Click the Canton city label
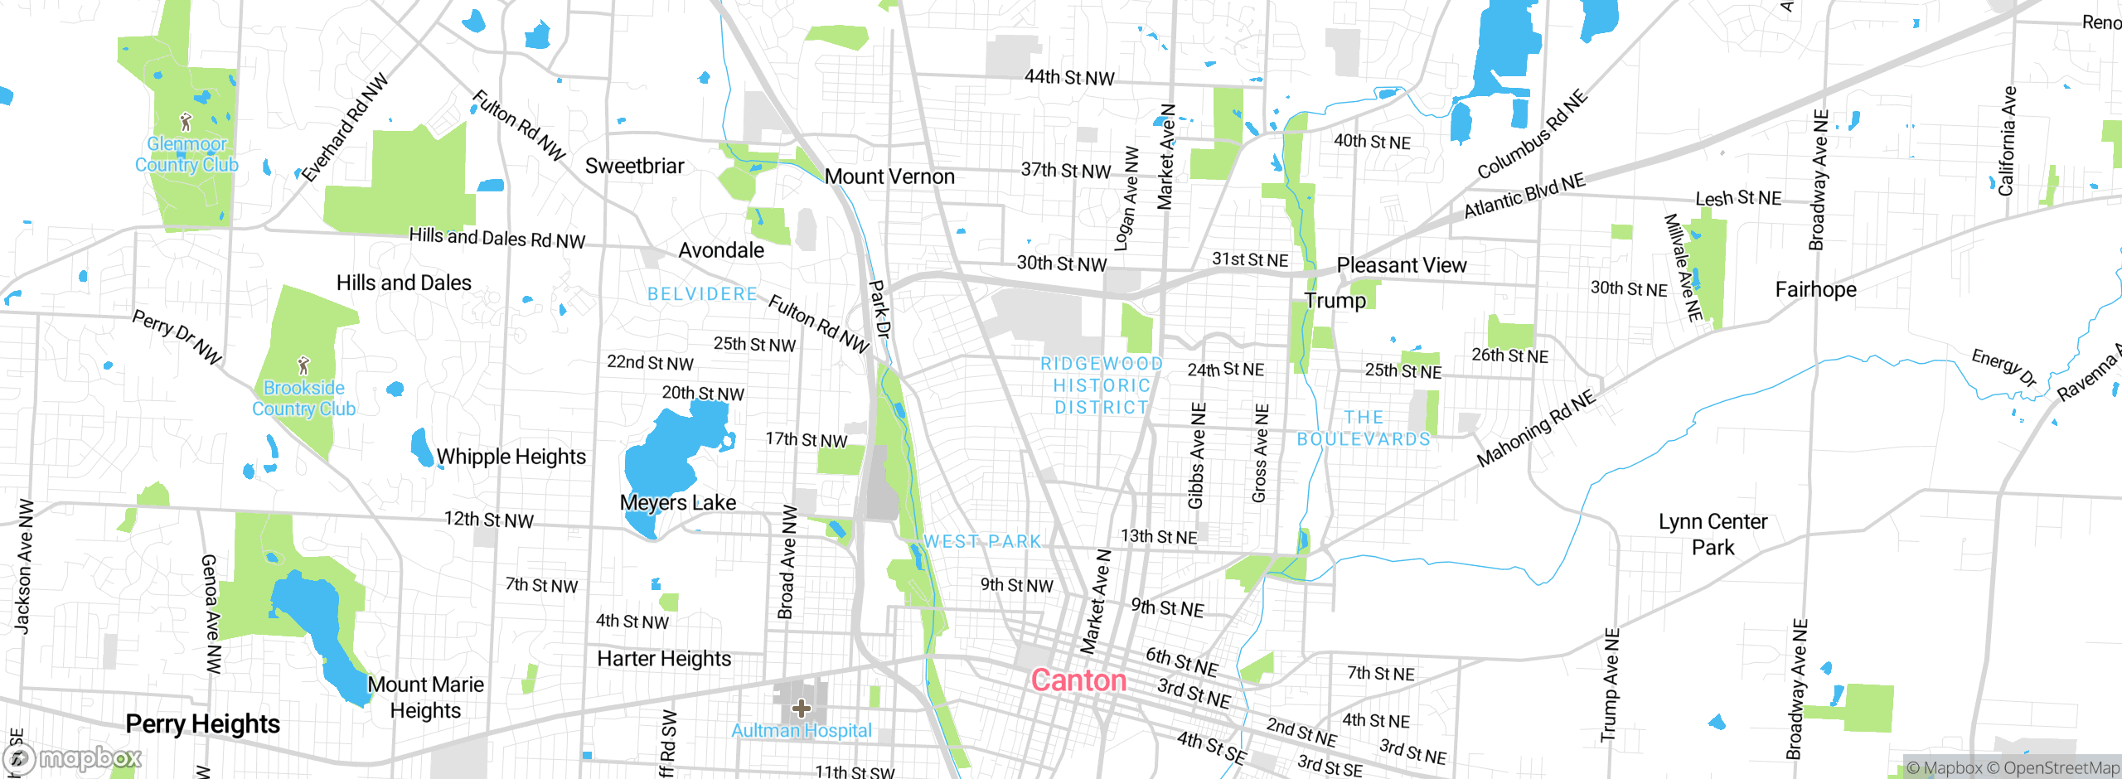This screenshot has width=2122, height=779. (x=1078, y=680)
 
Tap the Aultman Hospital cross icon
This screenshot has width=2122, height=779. (x=801, y=708)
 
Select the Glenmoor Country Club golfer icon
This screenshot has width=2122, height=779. (x=187, y=123)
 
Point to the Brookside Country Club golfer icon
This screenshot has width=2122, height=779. (x=303, y=365)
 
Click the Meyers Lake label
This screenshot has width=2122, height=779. (x=677, y=503)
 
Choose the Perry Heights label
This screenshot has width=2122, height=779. (x=202, y=724)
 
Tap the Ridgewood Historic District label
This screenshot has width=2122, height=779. (x=1102, y=385)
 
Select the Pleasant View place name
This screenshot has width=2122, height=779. (x=1401, y=265)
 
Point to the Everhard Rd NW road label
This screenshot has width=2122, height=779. (x=344, y=128)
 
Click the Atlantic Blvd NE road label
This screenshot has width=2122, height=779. (x=1524, y=196)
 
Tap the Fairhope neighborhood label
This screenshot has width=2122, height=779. (x=1815, y=289)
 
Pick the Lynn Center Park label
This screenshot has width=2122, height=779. (x=1713, y=535)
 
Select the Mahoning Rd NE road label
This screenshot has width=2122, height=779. (x=1535, y=428)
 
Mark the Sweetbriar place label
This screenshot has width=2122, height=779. (x=634, y=166)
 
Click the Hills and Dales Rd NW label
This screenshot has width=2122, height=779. (x=497, y=238)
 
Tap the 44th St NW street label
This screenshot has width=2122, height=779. (x=1069, y=77)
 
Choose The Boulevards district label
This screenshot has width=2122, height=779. (x=1364, y=428)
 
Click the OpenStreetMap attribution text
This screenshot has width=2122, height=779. (x=2061, y=768)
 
